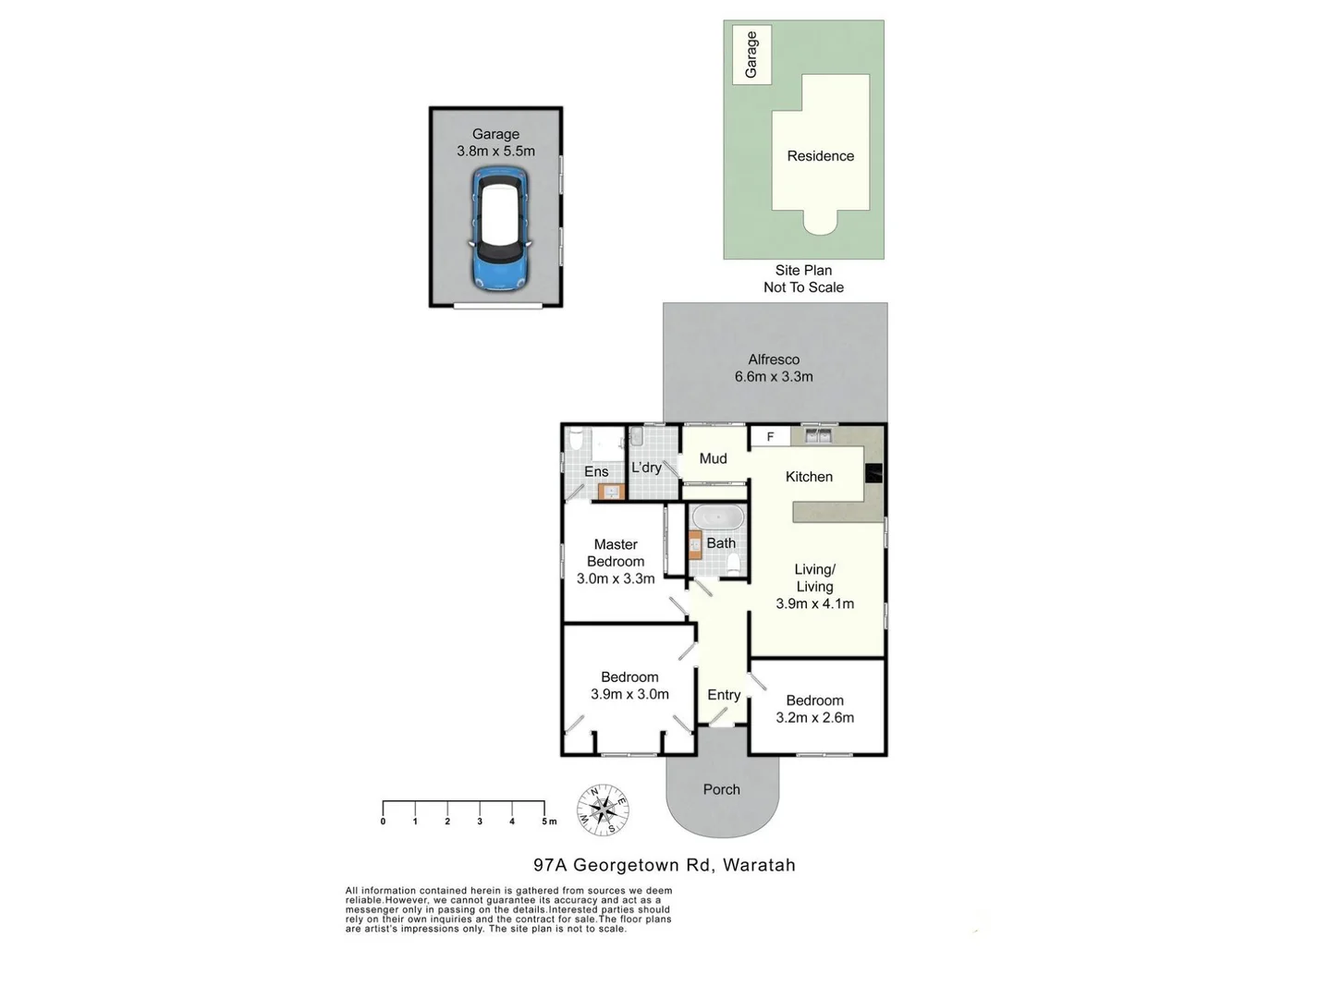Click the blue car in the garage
pos(500,228)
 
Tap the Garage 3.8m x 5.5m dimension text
pos(495,151)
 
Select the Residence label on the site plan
pos(820,156)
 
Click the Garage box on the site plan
pos(751,55)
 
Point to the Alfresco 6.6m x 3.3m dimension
pos(774,376)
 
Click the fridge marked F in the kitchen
pos(770,436)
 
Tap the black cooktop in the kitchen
pos(873,473)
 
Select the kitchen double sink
pos(817,434)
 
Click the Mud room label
pos(713,458)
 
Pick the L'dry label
pos(646,468)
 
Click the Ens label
pos(596,471)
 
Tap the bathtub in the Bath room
pos(717,517)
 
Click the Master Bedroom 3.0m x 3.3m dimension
pos(616,578)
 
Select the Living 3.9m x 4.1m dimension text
pos(814,603)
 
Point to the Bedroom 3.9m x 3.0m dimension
pos(629,694)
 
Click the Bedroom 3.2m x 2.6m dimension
pos(814,717)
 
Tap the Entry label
pos(724,695)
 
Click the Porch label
pos(721,789)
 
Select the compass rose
pos(603,810)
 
